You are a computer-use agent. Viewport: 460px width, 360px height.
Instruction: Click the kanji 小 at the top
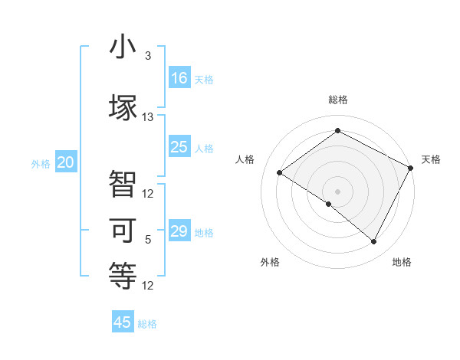click(123, 47)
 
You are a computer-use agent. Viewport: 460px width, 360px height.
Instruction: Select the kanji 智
click(123, 184)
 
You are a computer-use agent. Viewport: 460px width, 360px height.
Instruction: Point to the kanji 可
click(123, 229)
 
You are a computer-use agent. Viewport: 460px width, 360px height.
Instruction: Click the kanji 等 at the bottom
click(123, 274)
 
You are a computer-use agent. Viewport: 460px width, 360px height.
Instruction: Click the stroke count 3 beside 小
click(148, 56)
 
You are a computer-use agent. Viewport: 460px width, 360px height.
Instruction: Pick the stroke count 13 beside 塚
click(148, 117)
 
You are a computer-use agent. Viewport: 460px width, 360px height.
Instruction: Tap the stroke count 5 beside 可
click(148, 240)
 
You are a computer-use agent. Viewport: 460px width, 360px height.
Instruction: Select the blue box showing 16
click(179, 78)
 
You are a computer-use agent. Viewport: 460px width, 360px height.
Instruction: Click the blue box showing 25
click(179, 147)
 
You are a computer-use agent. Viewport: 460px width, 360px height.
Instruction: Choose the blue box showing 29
click(179, 231)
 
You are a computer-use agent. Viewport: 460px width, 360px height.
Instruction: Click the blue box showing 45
click(123, 322)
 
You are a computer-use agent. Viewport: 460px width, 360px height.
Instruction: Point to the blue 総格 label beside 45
click(147, 324)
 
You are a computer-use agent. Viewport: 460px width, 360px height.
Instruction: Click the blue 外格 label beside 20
click(41, 164)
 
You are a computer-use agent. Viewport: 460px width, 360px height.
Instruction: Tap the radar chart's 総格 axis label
click(337, 100)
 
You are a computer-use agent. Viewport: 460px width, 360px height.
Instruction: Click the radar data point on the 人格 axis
click(279, 172)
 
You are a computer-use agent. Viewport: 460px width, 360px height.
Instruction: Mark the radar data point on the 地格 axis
click(374, 242)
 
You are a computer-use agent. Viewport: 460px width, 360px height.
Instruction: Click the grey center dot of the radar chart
click(337, 191)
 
